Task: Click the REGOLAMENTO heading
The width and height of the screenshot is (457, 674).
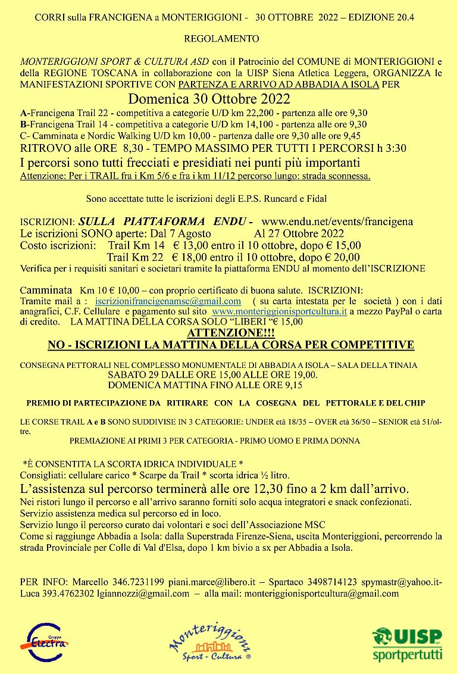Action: (222, 39)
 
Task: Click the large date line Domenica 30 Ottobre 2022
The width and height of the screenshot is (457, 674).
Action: (209, 98)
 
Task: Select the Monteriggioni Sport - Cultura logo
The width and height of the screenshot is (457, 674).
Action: (217, 642)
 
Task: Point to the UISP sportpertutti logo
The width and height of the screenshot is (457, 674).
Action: (408, 642)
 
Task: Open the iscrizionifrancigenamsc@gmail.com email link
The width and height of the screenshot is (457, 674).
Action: (168, 301)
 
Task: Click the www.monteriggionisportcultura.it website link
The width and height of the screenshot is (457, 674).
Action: (279, 311)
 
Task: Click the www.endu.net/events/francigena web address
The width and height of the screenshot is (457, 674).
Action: (337, 221)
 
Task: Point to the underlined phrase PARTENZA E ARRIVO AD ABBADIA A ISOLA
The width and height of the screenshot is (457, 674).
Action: (278, 85)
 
